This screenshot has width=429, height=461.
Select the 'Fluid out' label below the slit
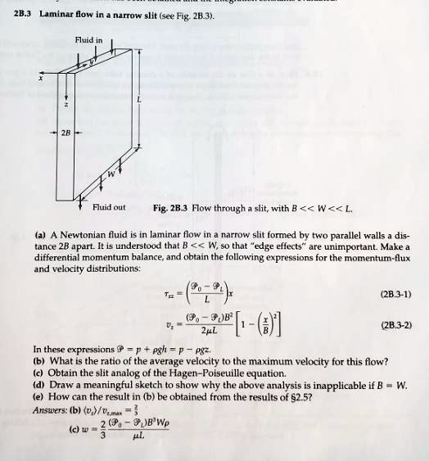tap(110, 207)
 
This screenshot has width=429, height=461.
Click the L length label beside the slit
tap(140, 100)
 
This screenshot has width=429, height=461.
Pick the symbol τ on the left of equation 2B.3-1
tap(167, 294)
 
